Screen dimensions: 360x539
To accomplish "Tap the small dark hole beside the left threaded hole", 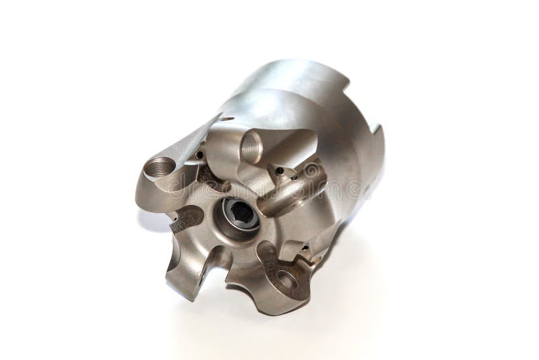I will point(200,156).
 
